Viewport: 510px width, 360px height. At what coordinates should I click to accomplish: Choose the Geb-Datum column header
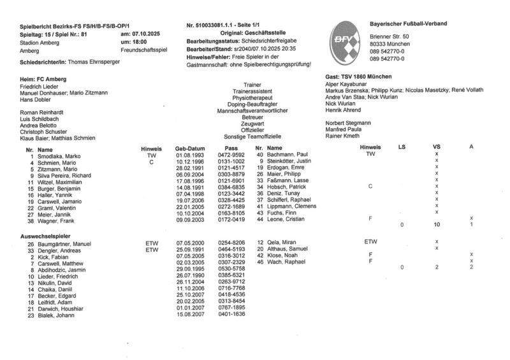[x=189, y=148]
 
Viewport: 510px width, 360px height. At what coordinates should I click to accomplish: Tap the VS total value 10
[x=437, y=225]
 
